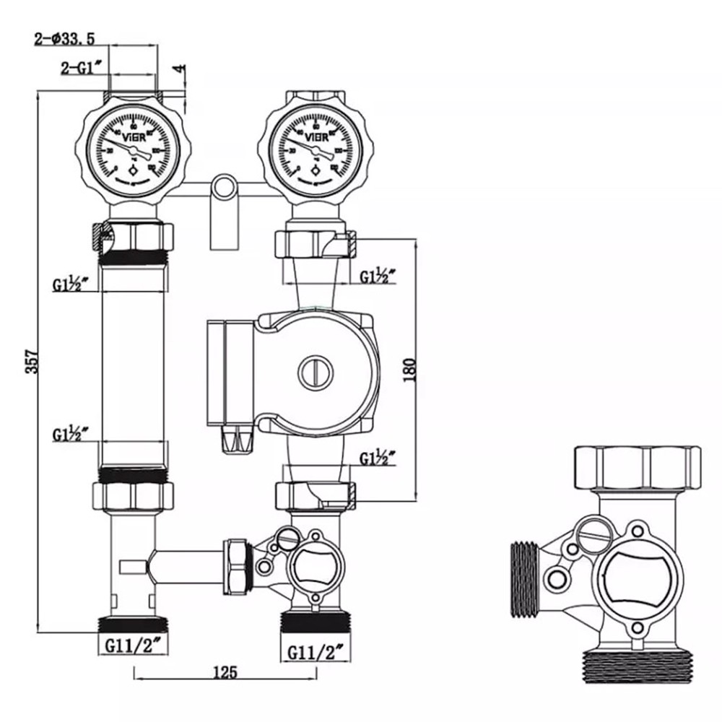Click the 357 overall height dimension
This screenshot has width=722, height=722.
coord(31,359)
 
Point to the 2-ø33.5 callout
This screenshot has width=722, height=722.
coord(66,40)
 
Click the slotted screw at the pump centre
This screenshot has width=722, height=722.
coord(316,370)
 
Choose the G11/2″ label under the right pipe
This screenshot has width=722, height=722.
coord(316,652)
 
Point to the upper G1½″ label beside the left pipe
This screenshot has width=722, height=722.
coord(71,284)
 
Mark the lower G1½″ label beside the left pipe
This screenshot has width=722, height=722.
coord(71,435)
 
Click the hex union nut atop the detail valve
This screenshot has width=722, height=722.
coord(637,469)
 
